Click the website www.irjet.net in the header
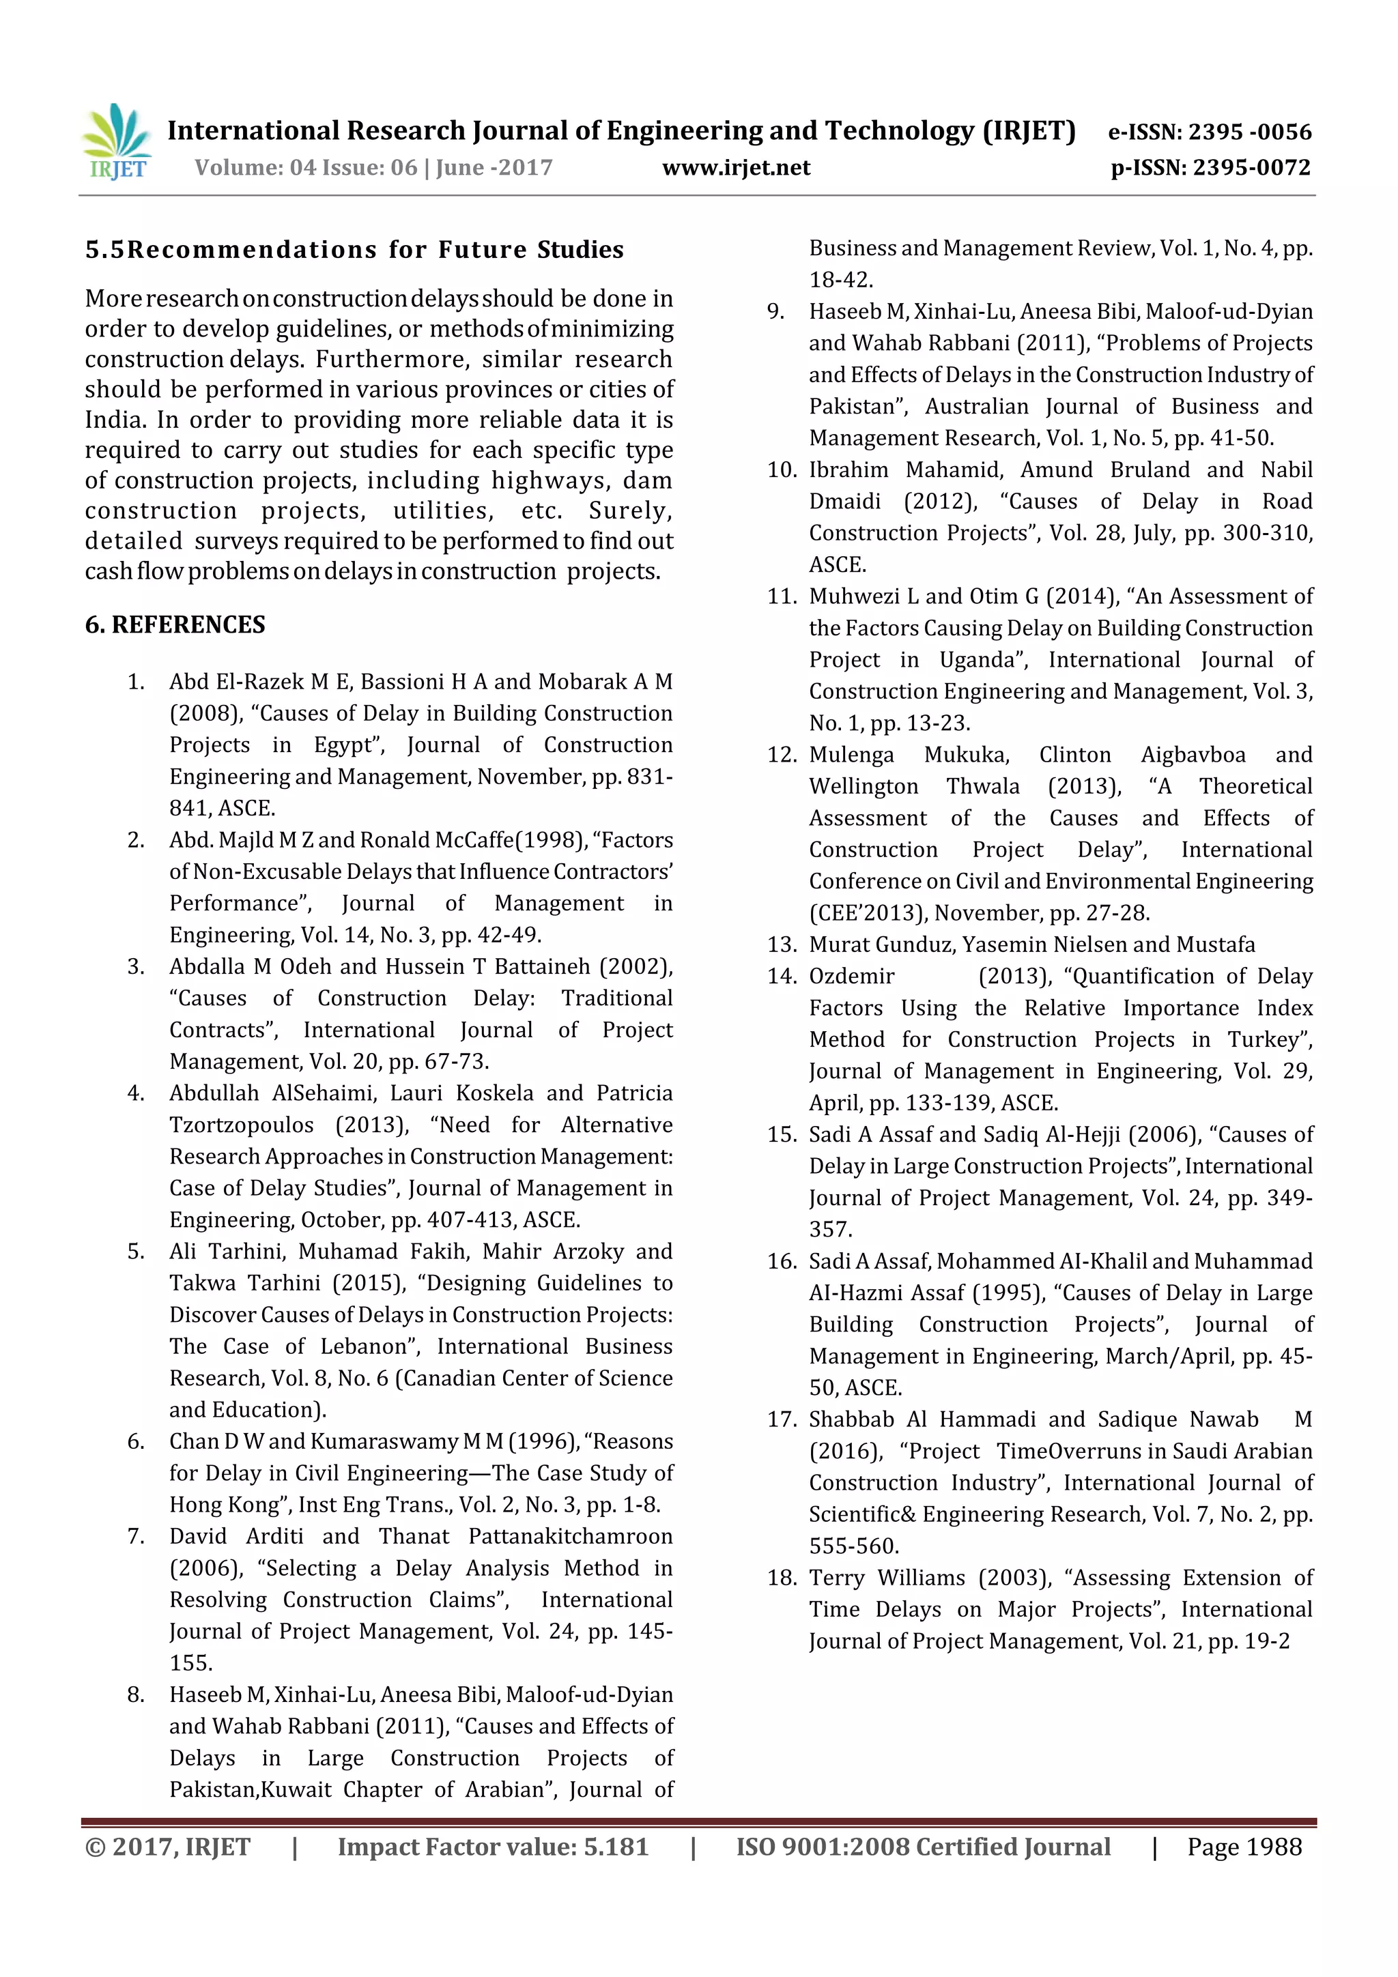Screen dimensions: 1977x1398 736,168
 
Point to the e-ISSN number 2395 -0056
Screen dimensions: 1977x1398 1249,132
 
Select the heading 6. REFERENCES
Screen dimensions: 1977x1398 175,624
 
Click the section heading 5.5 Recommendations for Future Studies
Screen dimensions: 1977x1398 354,250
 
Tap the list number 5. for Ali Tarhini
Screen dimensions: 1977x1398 136,1251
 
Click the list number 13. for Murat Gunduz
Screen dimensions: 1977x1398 782,944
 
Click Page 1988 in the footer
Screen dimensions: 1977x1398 1244,1846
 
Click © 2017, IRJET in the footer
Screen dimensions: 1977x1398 168,1846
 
